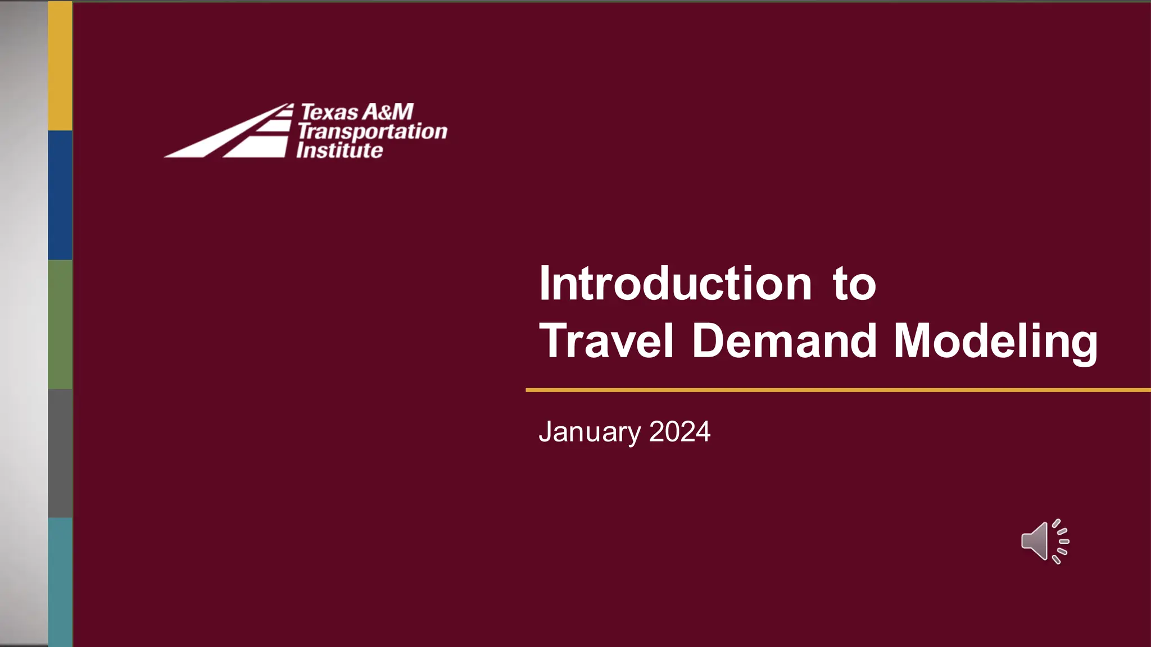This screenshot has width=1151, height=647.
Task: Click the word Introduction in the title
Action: point(675,284)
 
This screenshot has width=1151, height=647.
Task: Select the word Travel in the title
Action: point(606,341)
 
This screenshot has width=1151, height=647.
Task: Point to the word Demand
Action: point(785,341)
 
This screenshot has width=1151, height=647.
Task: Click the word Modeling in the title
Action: point(995,342)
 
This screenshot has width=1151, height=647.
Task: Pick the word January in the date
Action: point(590,432)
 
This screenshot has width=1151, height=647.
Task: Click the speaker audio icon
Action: point(1044,541)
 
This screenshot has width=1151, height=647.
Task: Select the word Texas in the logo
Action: point(329,112)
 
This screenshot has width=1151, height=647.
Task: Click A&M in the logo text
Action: point(388,112)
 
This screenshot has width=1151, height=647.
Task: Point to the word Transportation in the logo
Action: point(372,131)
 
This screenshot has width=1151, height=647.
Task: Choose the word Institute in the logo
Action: point(339,151)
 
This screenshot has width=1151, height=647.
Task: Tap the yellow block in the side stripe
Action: point(60,66)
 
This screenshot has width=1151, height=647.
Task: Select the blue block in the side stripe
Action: point(60,195)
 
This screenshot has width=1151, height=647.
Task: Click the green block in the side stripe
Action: point(60,324)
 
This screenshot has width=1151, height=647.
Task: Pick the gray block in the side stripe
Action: point(60,453)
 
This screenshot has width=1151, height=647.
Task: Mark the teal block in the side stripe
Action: point(60,582)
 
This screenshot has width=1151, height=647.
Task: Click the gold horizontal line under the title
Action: point(837,390)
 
